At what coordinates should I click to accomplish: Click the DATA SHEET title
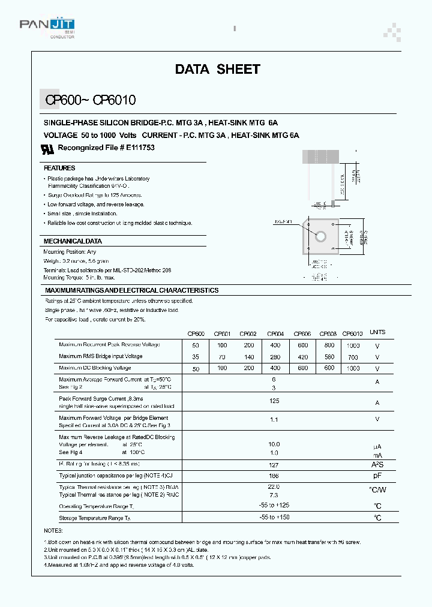[x=217, y=70]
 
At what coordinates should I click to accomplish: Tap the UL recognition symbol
[x=47, y=148]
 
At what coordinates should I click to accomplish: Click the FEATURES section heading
[x=59, y=169]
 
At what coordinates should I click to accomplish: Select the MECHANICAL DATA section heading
[x=73, y=241]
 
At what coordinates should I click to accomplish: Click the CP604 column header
[x=275, y=333]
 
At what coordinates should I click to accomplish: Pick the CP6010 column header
[x=352, y=333]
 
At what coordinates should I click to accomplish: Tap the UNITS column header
[x=377, y=332]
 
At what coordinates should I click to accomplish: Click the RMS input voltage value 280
[x=275, y=357]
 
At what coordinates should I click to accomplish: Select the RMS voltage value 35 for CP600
[x=196, y=357]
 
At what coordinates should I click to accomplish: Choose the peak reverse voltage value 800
[x=329, y=345]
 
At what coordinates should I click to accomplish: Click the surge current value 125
[x=275, y=400]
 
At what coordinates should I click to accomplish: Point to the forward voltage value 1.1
[x=275, y=420]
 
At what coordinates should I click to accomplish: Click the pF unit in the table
[x=377, y=475]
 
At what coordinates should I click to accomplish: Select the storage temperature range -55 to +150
[x=274, y=517]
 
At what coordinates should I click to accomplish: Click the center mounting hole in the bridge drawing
[x=321, y=236]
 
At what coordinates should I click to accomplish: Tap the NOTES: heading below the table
[x=53, y=531]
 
